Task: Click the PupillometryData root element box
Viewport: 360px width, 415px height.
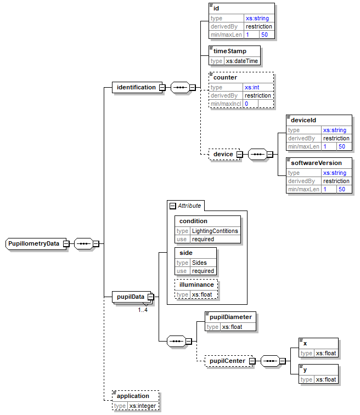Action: tap(34, 243)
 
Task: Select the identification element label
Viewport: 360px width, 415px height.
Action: tap(136, 87)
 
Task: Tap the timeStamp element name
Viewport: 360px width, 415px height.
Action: tap(229, 51)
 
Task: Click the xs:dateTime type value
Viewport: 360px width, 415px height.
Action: tap(242, 61)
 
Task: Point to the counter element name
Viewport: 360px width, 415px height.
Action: tap(225, 77)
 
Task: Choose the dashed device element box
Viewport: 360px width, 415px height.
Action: tap(223, 155)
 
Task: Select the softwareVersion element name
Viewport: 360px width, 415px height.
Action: tap(316, 163)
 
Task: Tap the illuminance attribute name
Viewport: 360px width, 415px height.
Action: tap(196, 285)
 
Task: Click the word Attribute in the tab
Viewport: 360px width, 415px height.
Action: tap(189, 206)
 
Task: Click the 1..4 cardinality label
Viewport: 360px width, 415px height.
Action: tap(143, 310)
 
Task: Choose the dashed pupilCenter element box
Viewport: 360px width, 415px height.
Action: tap(226, 361)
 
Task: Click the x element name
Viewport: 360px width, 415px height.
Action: tap(305, 343)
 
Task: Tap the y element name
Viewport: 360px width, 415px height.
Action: tap(305, 369)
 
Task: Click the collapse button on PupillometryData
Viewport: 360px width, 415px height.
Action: tap(66, 243)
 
